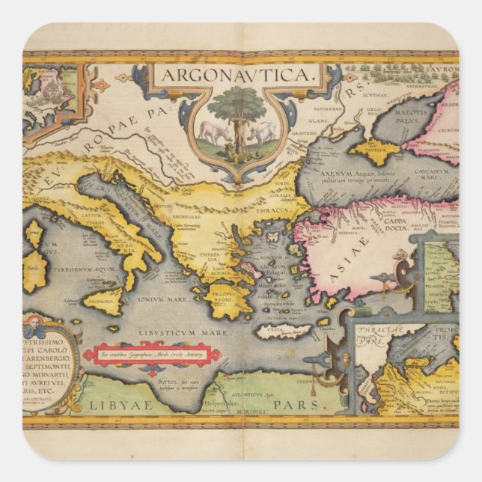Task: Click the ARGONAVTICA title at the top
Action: [239, 76]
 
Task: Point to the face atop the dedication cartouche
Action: [34, 327]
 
